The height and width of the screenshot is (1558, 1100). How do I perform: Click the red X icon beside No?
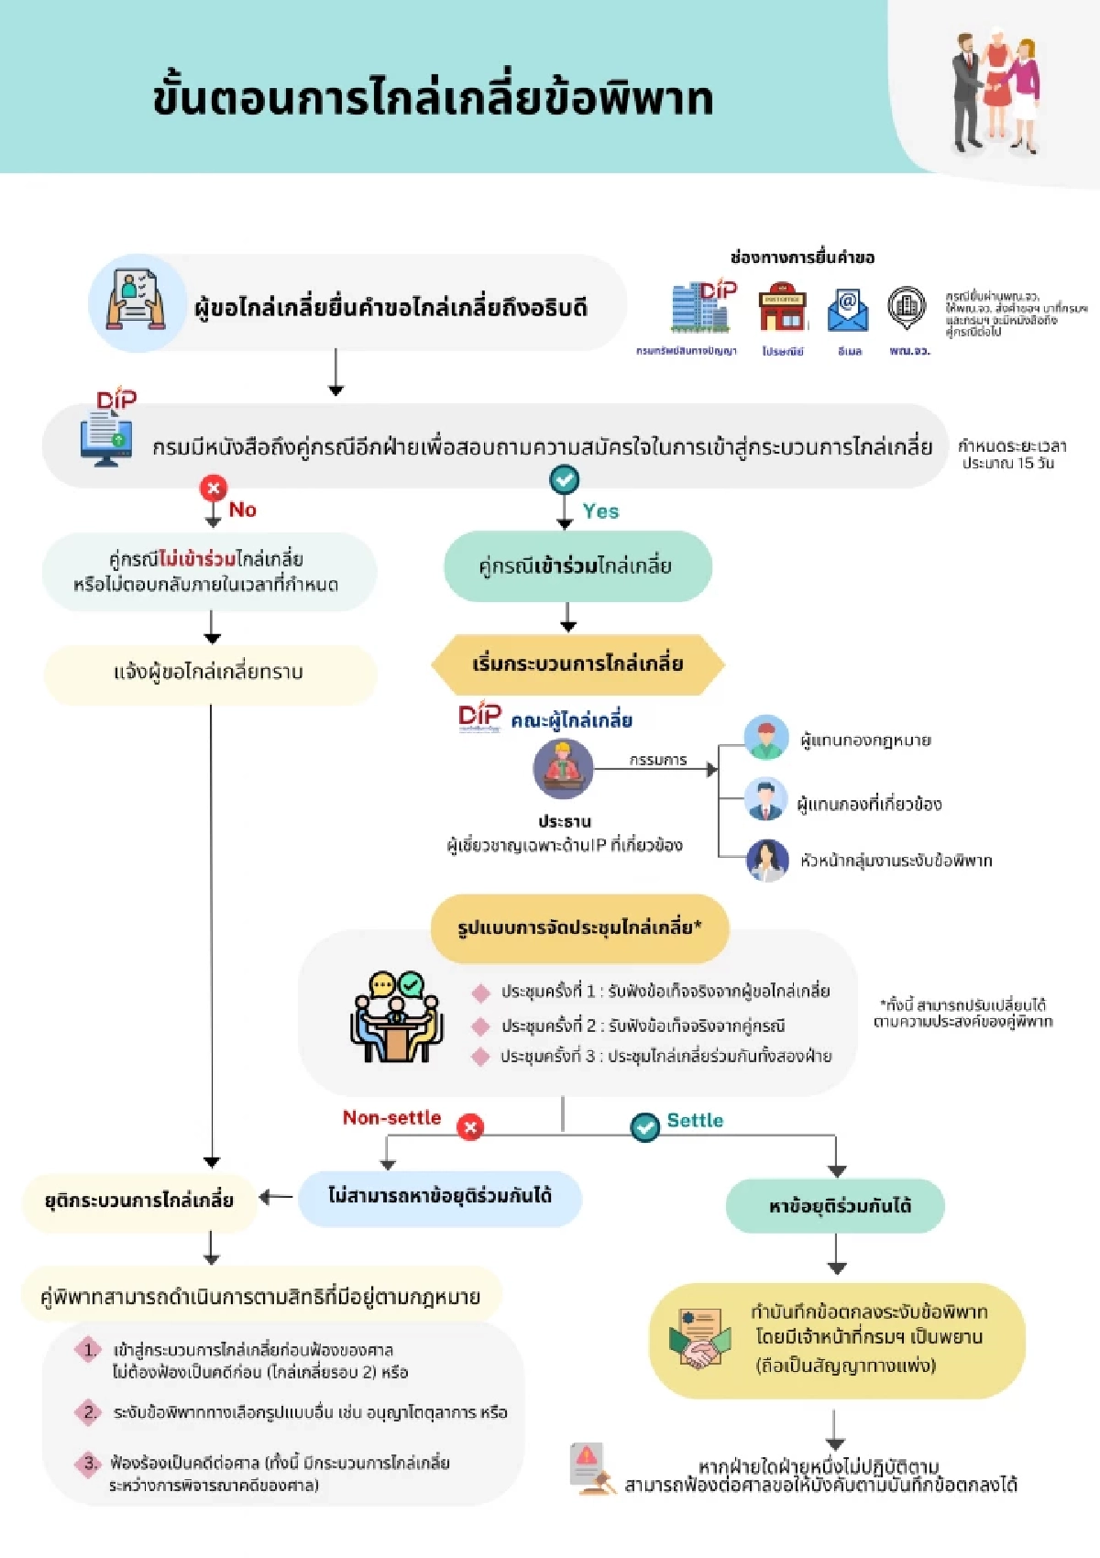tap(214, 488)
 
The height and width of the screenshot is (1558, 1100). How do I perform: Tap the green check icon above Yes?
tap(564, 479)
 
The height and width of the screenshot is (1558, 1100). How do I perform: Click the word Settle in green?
tap(695, 1121)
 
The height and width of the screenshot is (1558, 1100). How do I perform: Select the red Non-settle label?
tap(391, 1118)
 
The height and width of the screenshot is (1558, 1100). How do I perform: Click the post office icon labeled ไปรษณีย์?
tap(782, 308)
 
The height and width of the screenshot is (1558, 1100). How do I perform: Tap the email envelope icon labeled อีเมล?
tap(848, 310)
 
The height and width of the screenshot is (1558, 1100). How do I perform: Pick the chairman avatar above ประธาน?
tap(563, 769)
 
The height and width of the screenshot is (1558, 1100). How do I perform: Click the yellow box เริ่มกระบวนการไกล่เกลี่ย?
tap(577, 664)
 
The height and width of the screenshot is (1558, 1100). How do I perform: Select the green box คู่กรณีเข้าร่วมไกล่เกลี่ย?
tap(577, 566)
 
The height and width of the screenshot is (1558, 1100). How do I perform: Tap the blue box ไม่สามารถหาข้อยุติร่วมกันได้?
tap(440, 1196)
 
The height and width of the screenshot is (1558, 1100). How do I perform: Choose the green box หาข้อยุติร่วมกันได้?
tap(835, 1206)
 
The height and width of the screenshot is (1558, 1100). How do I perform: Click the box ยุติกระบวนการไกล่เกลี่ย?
tap(139, 1201)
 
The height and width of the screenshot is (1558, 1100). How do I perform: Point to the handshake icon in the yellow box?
tap(699, 1340)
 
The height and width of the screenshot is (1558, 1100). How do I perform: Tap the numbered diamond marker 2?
tap(89, 1411)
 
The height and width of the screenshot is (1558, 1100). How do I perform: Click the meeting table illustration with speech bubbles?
tap(396, 1017)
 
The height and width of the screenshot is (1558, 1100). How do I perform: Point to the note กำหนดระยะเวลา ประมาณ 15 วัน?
tap(1011, 455)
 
